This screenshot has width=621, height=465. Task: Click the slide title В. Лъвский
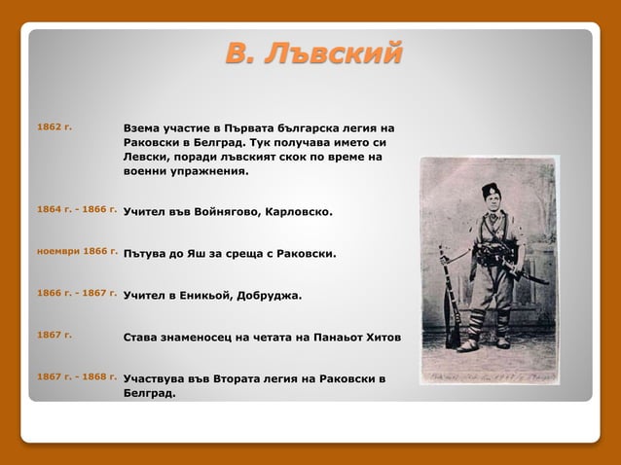312,54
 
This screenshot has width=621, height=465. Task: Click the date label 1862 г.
54,126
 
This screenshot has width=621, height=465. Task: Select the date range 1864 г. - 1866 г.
77,209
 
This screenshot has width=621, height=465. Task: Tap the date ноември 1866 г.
77,251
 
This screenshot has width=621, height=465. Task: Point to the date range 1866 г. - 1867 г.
77,292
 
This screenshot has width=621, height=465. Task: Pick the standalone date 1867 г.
54,335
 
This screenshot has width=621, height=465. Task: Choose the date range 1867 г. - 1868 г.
77,376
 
